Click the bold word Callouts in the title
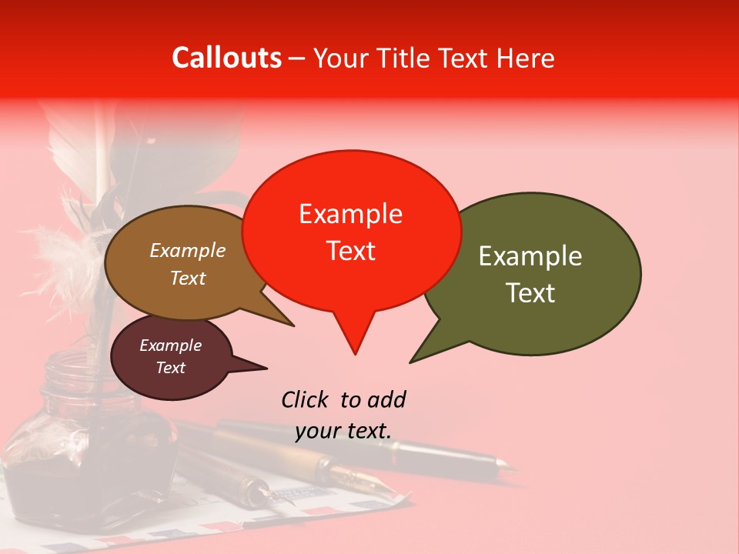(226, 58)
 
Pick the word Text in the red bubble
(350, 251)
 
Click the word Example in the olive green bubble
(530, 256)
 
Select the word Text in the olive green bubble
(530, 293)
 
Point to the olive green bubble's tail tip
(411, 362)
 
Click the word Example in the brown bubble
(188, 251)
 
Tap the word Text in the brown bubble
(188, 278)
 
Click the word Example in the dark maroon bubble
(170, 345)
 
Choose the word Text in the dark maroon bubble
(170, 368)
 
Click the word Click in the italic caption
(307, 399)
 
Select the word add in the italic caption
(386, 399)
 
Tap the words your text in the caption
(343, 430)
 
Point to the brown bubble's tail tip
(293, 325)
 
